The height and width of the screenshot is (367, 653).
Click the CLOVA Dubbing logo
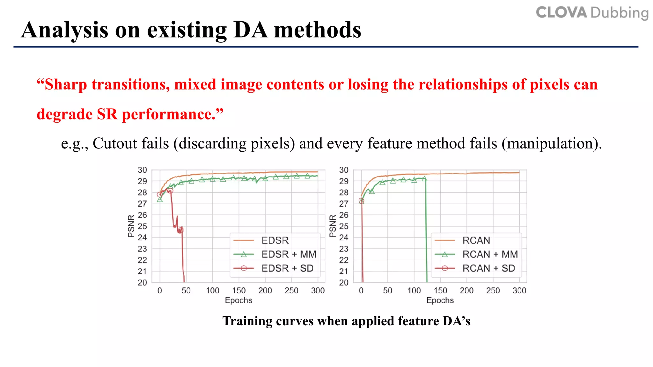coord(592,13)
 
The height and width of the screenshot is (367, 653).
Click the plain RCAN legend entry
coord(476,240)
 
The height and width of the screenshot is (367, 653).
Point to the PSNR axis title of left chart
coord(131,226)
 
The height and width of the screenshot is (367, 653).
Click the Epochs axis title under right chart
coord(440,300)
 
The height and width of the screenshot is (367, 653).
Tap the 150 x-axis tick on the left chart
coord(239,291)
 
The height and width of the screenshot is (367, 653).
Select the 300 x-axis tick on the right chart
coord(519,291)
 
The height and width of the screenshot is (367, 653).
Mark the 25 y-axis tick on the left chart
coord(142,226)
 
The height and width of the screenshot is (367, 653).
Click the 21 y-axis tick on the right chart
coord(343,271)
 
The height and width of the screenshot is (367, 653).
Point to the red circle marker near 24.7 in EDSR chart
coord(181,230)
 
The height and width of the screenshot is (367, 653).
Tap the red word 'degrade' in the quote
coord(64,114)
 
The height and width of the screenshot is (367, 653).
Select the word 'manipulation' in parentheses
coord(551,143)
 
